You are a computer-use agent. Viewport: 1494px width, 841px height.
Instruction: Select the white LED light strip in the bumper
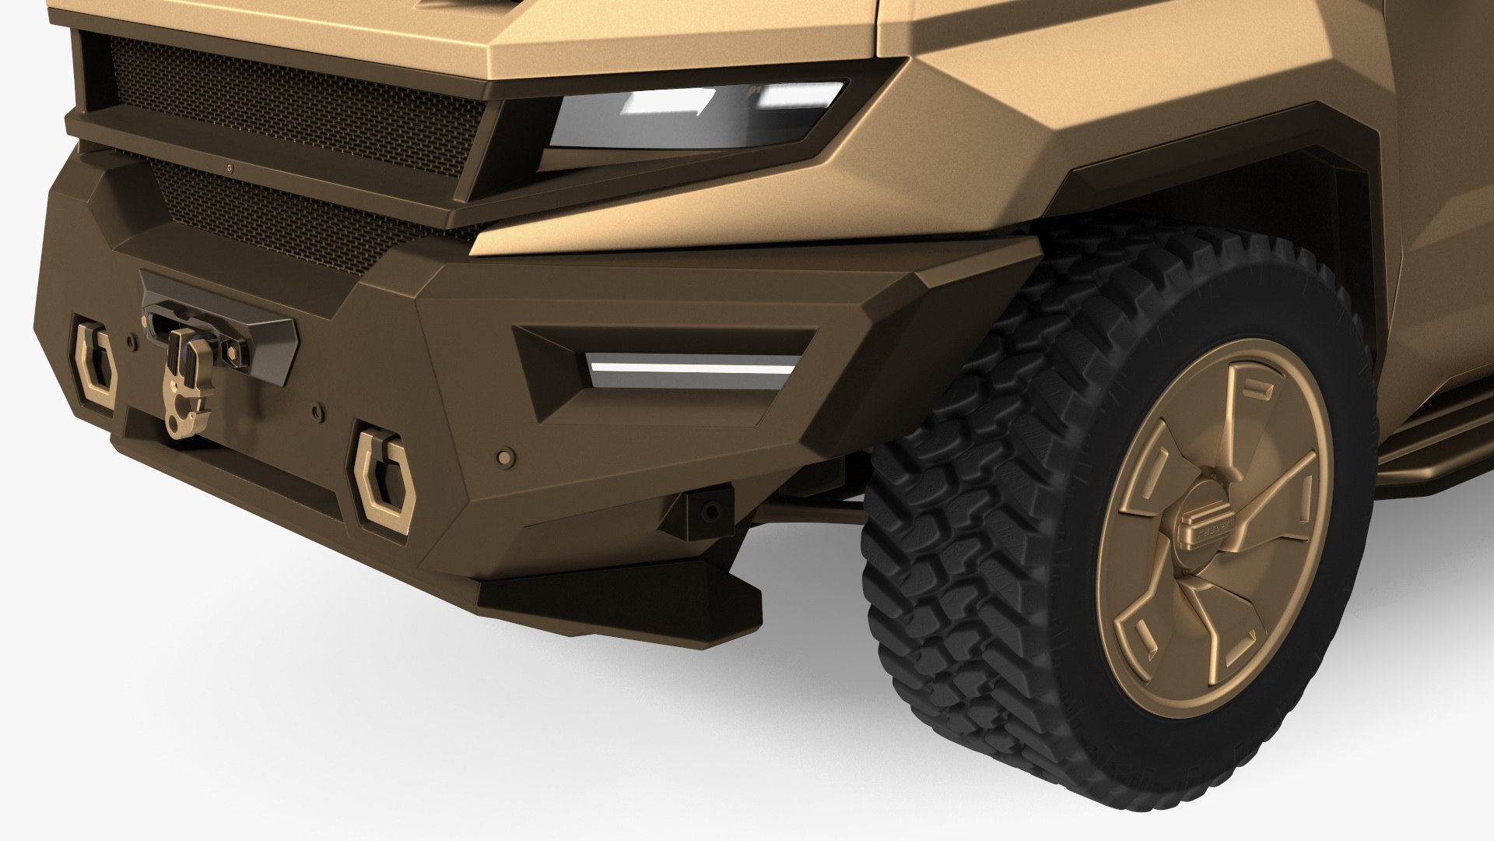pos(693,365)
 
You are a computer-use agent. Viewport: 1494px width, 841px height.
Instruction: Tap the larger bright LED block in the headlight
pos(673,101)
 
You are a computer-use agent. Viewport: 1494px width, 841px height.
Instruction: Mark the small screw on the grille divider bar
pos(230,165)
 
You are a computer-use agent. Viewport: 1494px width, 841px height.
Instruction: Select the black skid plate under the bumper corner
pos(615,584)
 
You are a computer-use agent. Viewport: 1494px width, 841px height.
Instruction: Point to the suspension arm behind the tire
pos(809,510)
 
